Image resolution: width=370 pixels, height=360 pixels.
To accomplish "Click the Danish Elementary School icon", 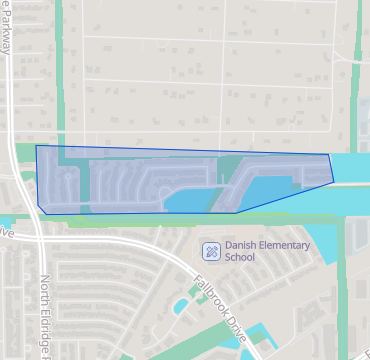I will coord(211,250).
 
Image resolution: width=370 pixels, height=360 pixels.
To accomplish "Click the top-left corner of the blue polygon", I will coord(37,146).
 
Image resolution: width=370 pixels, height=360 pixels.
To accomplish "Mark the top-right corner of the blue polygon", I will coord(329,155).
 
